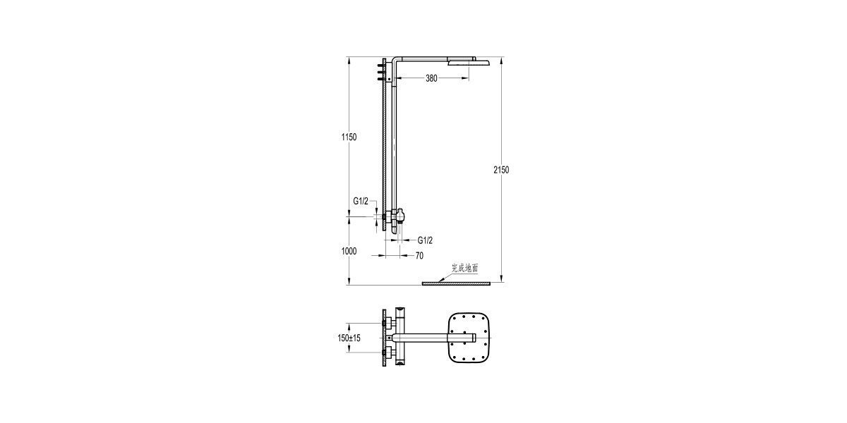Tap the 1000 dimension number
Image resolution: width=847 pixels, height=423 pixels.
(349, 251)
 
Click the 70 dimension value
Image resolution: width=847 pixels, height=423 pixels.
(419, 256)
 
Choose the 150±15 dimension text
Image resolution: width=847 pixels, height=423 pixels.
(349, 338)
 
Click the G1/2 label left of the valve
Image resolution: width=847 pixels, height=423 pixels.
(361, 201)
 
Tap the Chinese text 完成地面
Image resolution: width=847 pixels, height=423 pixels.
(464, 268)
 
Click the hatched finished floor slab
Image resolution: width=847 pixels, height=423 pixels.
(455, 283)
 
